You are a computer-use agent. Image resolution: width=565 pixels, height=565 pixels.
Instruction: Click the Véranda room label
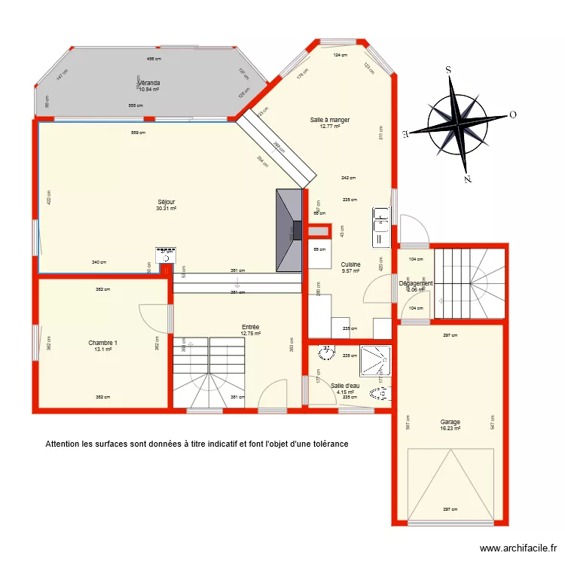149,83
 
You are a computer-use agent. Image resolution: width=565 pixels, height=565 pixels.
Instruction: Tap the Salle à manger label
330,120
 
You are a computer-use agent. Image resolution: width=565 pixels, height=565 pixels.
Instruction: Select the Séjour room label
166,202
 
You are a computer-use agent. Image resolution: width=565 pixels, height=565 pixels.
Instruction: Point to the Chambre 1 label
102,343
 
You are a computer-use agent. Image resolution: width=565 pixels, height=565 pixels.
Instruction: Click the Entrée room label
250,327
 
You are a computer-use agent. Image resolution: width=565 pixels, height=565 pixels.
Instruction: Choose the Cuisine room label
350,264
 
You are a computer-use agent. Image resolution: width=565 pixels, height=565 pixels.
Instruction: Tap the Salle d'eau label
346,385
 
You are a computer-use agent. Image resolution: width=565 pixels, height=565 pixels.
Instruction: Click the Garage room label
450,422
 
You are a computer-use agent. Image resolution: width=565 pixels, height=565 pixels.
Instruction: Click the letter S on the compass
448,70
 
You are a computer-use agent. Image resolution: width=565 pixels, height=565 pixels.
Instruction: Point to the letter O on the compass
512,115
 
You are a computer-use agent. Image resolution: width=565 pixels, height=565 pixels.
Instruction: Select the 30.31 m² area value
166,209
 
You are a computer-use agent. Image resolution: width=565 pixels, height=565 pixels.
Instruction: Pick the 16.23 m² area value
450,429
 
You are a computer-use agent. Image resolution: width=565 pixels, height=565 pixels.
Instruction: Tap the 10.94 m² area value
149,90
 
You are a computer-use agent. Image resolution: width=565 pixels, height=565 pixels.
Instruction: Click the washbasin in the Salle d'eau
327,354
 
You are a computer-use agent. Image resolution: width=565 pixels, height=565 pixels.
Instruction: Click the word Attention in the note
63,444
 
